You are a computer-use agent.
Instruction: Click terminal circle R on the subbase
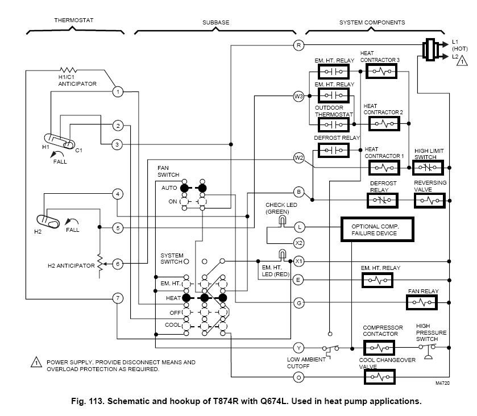coord(298,44)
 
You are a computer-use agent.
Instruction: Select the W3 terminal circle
coord(298,96)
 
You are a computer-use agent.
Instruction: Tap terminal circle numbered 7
coord(117,298)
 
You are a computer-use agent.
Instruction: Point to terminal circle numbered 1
coord(117,91)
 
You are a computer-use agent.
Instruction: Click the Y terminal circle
coord(298,347)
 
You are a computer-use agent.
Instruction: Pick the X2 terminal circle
coord(298,243)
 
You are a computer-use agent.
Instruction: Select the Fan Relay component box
coord(426,303)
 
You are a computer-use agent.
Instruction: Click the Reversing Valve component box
coord(433,201)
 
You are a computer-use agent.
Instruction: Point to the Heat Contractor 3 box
coord(381,72)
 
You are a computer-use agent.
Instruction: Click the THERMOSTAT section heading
coord(73,20)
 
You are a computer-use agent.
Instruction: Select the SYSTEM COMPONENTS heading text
coord(372,22)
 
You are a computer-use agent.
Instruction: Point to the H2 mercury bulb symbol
coord(48,221)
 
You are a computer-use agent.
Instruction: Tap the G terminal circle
coord(298,303)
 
